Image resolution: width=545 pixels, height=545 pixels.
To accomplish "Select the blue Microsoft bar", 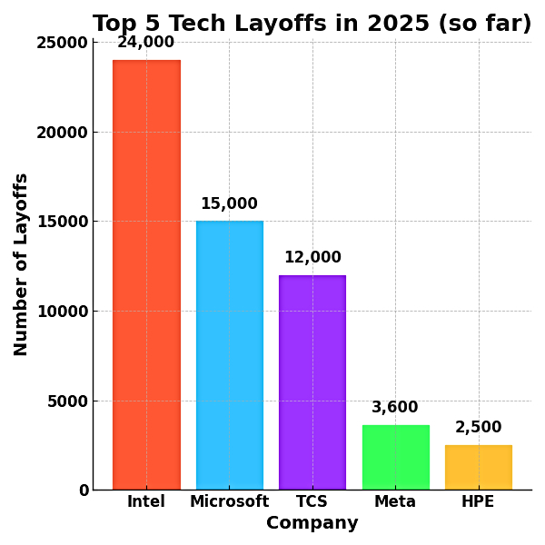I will pos(229,355).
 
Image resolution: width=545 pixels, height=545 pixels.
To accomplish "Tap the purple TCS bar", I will pos(312,382).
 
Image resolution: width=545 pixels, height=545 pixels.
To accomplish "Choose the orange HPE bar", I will pos(478,467).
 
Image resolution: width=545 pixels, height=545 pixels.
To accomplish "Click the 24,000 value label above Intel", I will pos(146,43).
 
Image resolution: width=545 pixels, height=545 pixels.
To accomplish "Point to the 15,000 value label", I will pos(229,204).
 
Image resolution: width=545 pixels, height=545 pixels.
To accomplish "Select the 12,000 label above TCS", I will pos(312,258).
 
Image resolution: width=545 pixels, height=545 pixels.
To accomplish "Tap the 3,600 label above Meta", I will pos(395,408).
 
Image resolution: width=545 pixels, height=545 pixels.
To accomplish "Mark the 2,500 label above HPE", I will pos(478,428).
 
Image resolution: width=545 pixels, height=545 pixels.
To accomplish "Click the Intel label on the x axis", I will pos(146,501).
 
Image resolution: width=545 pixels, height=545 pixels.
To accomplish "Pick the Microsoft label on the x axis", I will pos(229,501).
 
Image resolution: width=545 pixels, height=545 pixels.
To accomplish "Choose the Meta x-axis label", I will pos(395,501).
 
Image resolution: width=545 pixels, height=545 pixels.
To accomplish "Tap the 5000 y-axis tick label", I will pos(69,401).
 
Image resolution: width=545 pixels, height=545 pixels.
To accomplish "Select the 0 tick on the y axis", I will pos(84,490).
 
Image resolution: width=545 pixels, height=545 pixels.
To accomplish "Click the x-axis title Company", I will pos(312,523).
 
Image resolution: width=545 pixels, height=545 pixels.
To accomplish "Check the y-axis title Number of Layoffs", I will pos(22,264).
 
